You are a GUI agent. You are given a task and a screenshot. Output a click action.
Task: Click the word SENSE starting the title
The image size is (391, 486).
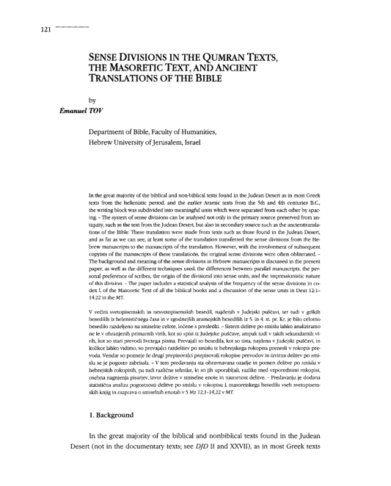point(107,56)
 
